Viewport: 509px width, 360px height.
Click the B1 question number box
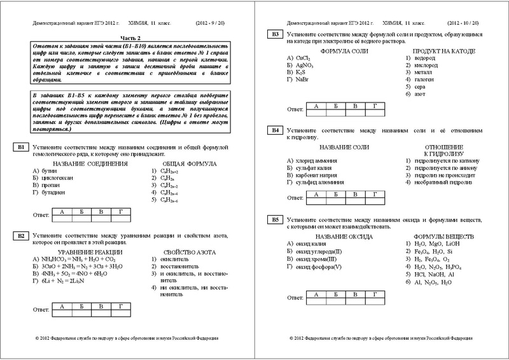(20, 148)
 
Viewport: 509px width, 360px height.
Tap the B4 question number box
(274, 130)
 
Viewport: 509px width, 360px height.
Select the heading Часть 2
(131, 38)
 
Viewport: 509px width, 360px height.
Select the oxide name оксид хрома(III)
(318, 258)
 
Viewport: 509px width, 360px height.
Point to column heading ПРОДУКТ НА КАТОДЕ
(437, 50)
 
